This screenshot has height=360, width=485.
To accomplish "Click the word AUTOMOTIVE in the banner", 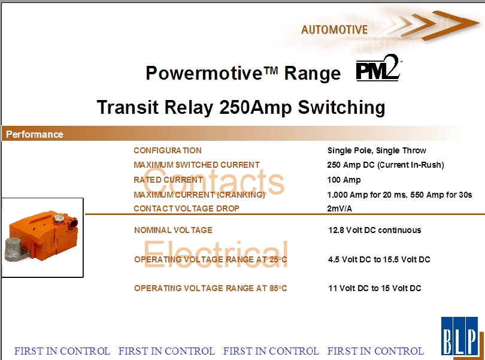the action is [334, 30].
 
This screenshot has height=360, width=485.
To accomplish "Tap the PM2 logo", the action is [378, 68].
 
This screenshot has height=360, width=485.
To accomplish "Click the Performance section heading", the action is [34, 134].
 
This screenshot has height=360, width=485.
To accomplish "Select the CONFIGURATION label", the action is [167, 150].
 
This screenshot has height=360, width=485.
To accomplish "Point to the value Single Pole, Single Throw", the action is [377, 151].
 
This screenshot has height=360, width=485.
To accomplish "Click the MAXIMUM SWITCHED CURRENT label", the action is [196, 165].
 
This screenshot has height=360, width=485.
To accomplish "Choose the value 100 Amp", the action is [344, 180].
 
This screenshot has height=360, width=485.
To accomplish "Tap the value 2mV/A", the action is [339, 208].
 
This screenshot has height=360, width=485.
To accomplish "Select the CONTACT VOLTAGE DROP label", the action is [186, 208].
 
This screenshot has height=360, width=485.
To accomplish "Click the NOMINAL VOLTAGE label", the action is [173, 230].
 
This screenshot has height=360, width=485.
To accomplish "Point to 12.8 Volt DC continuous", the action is [375, 230].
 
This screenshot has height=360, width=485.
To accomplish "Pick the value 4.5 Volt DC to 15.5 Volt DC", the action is [379, 259].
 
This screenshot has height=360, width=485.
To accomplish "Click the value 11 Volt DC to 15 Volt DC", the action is [375, 288].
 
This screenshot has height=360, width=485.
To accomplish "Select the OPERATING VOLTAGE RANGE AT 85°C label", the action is [210, 288].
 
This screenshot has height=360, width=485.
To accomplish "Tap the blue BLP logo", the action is [460, 336].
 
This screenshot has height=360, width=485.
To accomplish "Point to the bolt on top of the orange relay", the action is [58, 219].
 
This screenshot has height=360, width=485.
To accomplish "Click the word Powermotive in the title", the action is [204, 73].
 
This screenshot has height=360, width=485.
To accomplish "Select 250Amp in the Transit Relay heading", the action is [255, 107].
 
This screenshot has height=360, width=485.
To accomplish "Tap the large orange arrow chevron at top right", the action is [450, 25].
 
